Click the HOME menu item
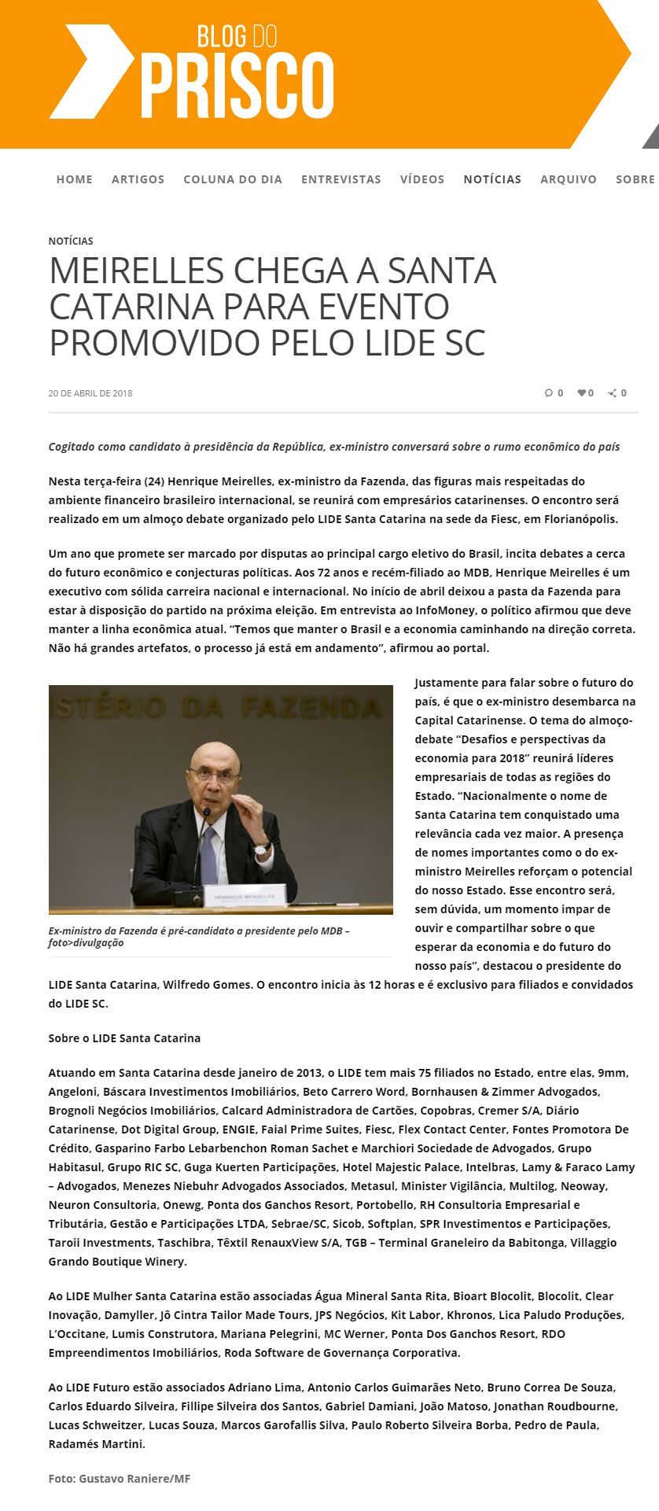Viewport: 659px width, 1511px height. pos(75,179)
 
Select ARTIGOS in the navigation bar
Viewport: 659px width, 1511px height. pos(138,179)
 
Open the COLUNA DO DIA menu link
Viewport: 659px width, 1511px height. pos(233,179)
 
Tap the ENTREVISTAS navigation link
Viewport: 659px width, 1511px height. pos(341,179)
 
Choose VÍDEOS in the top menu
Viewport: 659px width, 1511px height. pos(422,179)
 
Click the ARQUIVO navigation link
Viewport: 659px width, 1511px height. pos(569,179)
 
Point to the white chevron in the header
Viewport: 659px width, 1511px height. pos(90,71)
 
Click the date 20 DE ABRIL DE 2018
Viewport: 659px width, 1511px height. pos(90,393)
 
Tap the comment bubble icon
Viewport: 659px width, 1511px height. pos(549,393)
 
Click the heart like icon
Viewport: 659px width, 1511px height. pos(582,393)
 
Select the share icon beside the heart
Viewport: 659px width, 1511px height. pos(613,393)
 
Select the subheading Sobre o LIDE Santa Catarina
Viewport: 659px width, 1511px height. pos(124,1038)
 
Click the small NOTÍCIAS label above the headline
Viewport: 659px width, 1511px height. pos(71,241)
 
